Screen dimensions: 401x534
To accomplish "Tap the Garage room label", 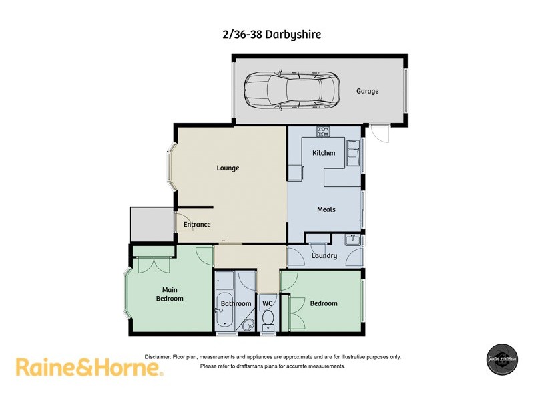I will point(367,91).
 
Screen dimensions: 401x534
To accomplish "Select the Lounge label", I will point(228,168).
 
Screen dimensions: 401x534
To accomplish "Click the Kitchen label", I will point(324,153).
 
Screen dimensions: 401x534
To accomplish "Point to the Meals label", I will point(326,209).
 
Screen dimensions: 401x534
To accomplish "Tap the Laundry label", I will point(324,255).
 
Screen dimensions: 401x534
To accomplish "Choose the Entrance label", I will point(197,225).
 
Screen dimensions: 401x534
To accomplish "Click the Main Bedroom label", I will point(170,294).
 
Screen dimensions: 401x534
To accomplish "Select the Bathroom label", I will point(236,303).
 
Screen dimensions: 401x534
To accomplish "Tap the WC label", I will point(268,303).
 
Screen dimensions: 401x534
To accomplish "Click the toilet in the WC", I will point(268,325).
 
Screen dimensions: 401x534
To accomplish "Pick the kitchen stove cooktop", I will point(324,131).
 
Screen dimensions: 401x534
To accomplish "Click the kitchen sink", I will point(353,150).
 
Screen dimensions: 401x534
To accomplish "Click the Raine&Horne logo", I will point(88,368).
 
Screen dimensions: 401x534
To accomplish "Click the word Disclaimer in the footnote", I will point(158,357).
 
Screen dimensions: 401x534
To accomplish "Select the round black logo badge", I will point(501,358).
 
